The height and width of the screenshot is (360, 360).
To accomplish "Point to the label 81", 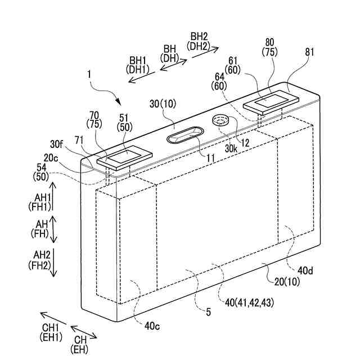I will (310, 53).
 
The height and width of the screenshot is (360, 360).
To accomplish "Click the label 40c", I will (152, 325).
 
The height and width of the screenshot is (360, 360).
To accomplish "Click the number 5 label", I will (208, 311).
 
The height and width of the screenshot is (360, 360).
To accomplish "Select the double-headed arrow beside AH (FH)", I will (53, 229).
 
